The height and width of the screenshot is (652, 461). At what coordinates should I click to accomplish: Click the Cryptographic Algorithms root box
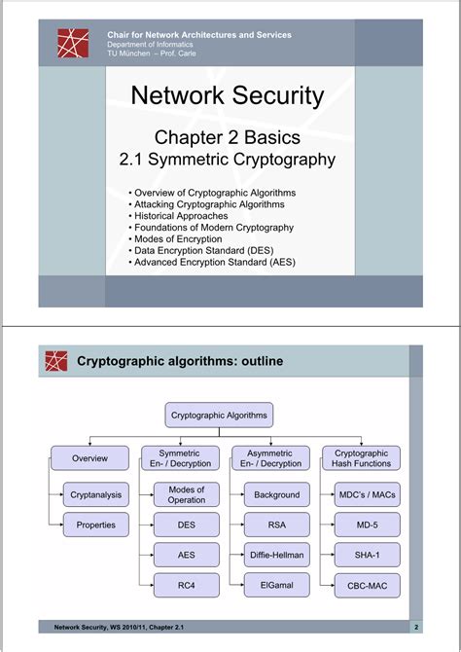(x=219, y=415)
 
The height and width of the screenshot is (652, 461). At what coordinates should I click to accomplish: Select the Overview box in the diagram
(x=89, y=458)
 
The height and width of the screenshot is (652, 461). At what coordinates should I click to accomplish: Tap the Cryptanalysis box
(x=96, y=494)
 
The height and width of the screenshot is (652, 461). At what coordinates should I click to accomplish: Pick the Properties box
(x=96, y=525)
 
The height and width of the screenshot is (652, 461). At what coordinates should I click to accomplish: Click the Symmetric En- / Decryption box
(x=179, y=458)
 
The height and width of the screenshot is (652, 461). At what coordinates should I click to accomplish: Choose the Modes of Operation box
(x=186, y=494)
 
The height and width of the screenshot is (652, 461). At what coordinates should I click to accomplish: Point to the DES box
(x=186, y=525)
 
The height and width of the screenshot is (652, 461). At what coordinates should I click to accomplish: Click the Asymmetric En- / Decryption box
(x=270, y=458)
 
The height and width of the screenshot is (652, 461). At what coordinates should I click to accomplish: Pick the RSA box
(x=276, y=525)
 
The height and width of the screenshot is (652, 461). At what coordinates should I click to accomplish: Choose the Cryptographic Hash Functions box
(x=361, y=458)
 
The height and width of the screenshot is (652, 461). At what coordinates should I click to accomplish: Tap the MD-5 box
(x=367, y=525)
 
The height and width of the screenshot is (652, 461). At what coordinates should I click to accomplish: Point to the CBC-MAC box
(x=367, y=586)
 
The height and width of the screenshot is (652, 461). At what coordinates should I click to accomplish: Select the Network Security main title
(x=227, y=95)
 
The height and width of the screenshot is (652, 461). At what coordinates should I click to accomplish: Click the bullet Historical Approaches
(x=186, y=215)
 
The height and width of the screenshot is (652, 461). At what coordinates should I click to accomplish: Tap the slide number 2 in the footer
(x=416, y=627)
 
